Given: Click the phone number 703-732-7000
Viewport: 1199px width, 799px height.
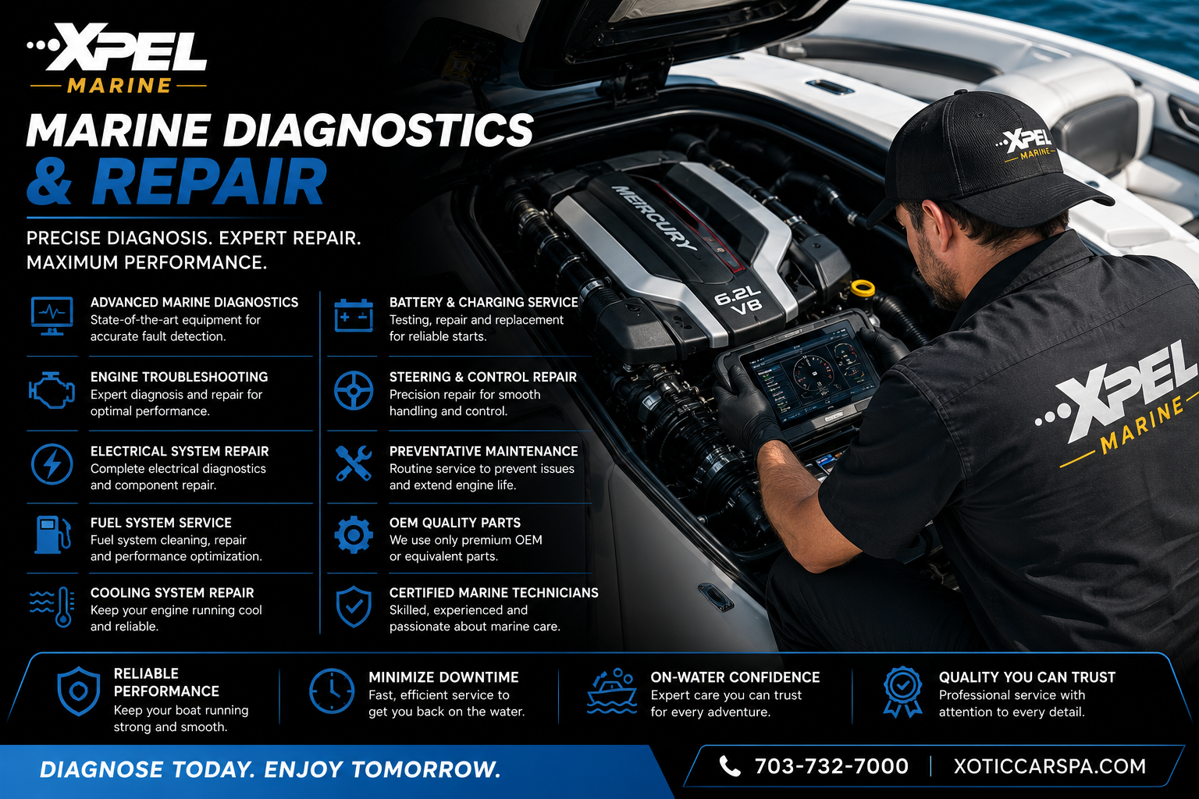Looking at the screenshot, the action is pyautogui.click(x=831, y=766).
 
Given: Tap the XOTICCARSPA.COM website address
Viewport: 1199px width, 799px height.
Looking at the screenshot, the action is pyautogui.click(x=1050, y=766).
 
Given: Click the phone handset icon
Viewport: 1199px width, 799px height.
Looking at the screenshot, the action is pyautogui.click(x=730, y=766).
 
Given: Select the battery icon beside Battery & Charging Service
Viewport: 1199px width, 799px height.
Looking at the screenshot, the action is pyautogui.click(x=354, y=316).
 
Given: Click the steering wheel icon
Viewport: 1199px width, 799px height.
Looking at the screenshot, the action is pyautogui.click(x=354, y=391).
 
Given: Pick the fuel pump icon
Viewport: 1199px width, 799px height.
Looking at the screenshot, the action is pyautogui.click(x=52, y=534).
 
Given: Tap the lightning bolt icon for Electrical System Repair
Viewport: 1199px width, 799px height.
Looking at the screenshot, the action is pyautogui.click(x=52, y=464).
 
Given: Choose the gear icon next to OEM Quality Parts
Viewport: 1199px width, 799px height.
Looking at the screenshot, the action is pyautogui.click(x=354, y=534).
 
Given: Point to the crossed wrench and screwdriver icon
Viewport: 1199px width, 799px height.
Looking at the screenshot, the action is pyautogui.click(x=354, y=463).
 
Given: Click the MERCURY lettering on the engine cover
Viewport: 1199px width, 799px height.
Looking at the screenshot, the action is pyautogui.click(x=654, y=218).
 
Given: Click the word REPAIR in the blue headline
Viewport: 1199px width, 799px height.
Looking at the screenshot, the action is pyautogui.click(x=208, y=182).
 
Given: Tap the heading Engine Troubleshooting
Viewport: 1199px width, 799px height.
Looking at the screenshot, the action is pyautogui.click(x=179, y=377).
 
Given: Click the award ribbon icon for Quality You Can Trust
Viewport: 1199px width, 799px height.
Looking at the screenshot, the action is pyautogui.click(x=902, y=691).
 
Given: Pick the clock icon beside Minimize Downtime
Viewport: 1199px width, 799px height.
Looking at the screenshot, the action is pyautogui.click(x=331, y=691).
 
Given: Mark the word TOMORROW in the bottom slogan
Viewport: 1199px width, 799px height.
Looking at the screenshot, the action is pyautogui.click(x=425, y=769).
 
